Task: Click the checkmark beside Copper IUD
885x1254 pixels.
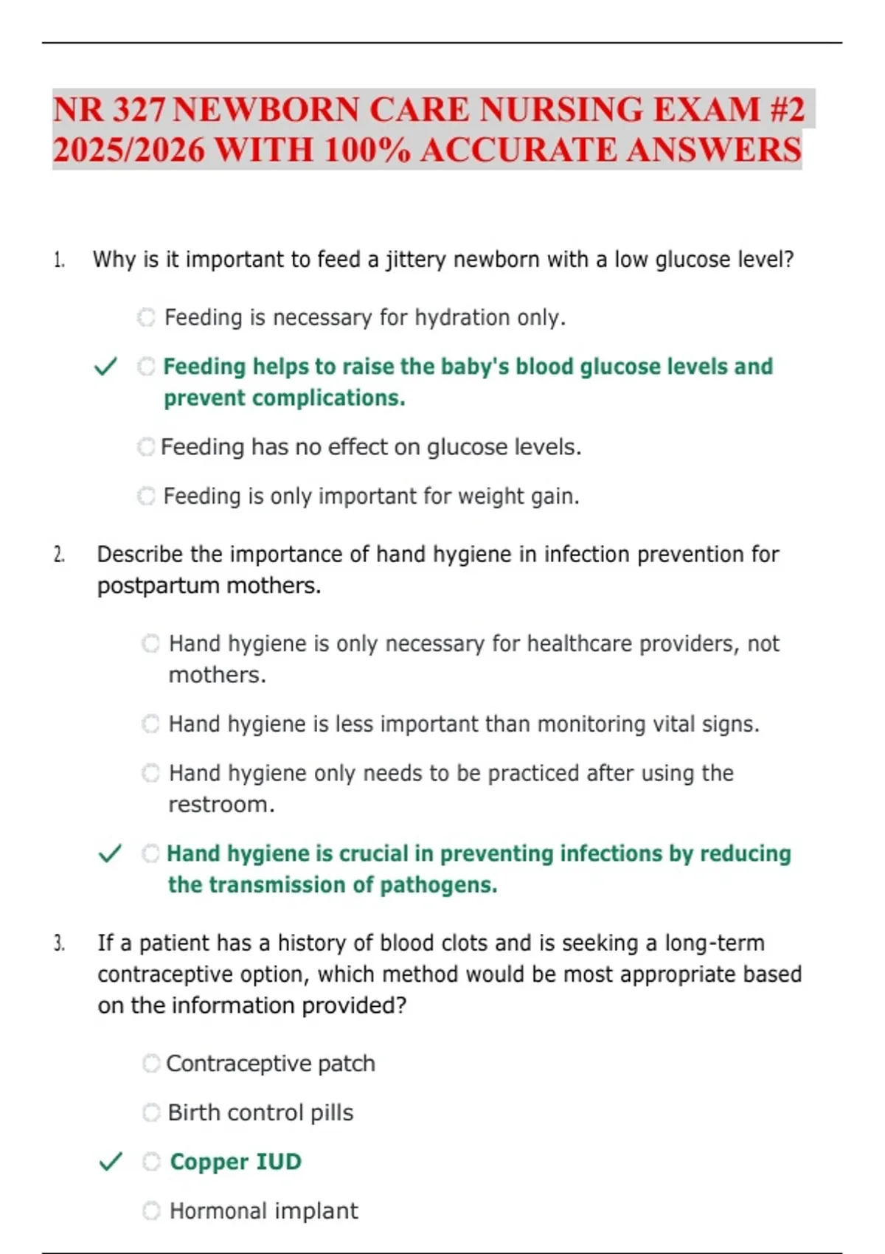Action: click(x=110, y=1163)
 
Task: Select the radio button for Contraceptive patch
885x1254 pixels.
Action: click(x=151, y=1064)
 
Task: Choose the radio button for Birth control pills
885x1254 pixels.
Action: click(x=151, y=1112)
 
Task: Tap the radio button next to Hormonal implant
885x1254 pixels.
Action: click(x=151, y=1210)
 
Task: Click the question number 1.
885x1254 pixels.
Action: click(x=58, y=260)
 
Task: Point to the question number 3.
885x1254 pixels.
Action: click(x=59, y=943)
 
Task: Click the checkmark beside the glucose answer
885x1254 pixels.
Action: click(x=106, y=367)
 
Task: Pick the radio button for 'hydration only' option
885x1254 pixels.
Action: click(x=147, y=317)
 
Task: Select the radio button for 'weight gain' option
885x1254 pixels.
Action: click(x=147, y=496)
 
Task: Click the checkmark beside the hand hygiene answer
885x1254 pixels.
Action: click(x=110, y=854)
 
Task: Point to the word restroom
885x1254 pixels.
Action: click(x=221, y=805)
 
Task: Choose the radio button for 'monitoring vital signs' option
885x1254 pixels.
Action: click(x=151, y=724)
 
